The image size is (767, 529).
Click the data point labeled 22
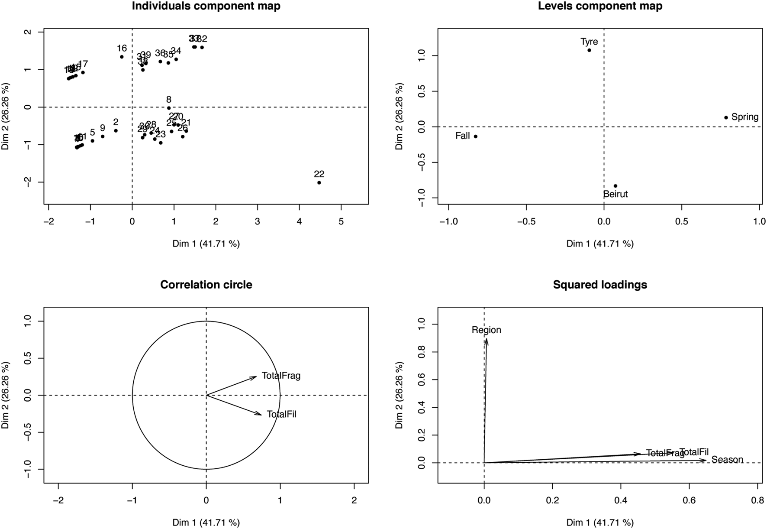point(319,182)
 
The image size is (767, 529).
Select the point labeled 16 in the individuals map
point(122,57)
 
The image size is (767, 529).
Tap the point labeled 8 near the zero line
point(169,108)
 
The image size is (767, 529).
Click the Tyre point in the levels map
point(589,50)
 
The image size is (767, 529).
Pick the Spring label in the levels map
point(744,117)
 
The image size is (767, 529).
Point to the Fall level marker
point(475,136)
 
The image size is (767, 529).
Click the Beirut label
point(615,194)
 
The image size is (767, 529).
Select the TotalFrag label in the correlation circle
point(281,376)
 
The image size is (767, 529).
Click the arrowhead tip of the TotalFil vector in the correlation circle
point(261,415)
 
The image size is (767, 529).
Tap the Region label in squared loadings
point(486,330)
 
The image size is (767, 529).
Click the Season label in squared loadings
point(727,460)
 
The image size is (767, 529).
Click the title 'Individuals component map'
point(206,6)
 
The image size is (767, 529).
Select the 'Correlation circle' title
point(206,285)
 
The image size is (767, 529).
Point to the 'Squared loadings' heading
point(600,285)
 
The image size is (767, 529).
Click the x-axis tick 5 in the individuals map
point(341,222)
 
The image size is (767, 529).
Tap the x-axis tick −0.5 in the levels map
point(526,222)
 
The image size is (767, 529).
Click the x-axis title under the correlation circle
point(206,523)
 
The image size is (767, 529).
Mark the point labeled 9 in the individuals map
point(103,136)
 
